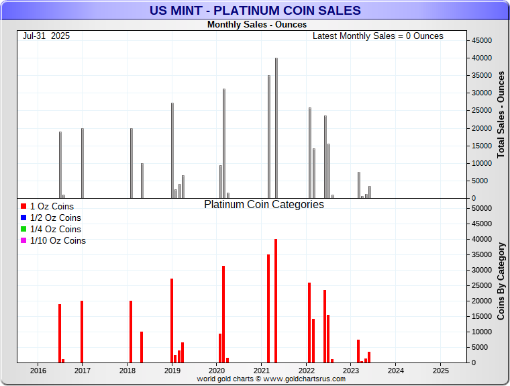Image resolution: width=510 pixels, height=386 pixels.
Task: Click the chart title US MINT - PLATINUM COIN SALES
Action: click(254, 11)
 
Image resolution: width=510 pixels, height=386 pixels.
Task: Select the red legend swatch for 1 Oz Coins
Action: click(23, 207)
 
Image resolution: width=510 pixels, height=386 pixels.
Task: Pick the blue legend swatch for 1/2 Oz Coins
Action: click(23, 218)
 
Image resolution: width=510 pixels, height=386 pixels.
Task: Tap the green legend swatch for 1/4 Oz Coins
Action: click(23, 230)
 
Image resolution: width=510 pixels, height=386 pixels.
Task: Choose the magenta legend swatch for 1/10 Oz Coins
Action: click(23, 241)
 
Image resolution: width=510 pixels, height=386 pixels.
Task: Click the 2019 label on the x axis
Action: click(172, 370)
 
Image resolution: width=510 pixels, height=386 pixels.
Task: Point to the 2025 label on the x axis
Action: click(440, 370)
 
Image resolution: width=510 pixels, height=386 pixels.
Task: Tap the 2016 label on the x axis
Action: click(38, 370)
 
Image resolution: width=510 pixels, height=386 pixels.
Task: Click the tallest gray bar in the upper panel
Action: click(276, 128)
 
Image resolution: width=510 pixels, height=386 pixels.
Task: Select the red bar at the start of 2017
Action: click(82, 332)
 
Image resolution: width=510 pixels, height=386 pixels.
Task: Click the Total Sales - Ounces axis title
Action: click(501, 114)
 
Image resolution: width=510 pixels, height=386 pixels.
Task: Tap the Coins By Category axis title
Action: click(501, 281)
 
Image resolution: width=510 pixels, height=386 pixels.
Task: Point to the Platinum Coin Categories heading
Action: click(264, 205)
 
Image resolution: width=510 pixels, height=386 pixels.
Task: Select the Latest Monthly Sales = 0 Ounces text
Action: click(378, 36)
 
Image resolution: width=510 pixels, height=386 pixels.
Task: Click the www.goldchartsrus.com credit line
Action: click(271, 379)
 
